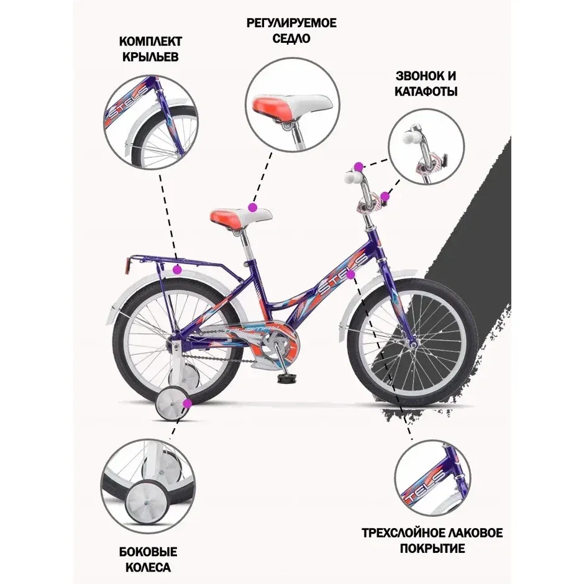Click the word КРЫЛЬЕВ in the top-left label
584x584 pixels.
click(150, 57)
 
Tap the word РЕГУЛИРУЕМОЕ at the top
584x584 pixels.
click(291, 23)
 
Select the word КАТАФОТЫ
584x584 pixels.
click(426, 91)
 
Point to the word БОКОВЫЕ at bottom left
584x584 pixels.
click(148, 552)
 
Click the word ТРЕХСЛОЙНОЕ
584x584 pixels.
click(406, 532)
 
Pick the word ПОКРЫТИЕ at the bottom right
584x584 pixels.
click(432, 549)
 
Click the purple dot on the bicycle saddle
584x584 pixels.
click(253, 207)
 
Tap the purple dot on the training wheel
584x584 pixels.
click(188, 403)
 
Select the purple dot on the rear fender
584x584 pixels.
click(177, 268)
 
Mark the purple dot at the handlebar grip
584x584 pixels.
click(358, 167)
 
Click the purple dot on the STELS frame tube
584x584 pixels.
click(350, 275)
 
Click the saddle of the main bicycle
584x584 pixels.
click(240, 217)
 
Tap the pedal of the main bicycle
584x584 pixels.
click(285, 378)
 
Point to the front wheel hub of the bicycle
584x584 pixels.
click(413, 345)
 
